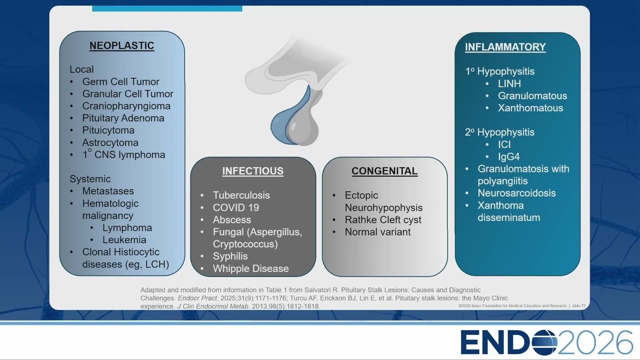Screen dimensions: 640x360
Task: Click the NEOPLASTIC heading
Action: pyautogui.click(x=121, y=45)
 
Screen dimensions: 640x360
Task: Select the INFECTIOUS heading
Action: pyautogui.click(x=253, y=171)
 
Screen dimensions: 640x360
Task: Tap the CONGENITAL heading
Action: pyautogui.click(x=384, y=171)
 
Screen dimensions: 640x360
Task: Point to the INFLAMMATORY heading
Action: pyautogui.click(x=505, y=47)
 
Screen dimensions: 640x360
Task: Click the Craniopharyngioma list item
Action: pyautogui.click(x=126, y=106)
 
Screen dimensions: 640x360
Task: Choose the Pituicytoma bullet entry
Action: pyautogui.click(x=108, y=130)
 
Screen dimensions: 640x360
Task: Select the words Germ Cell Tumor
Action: pyautogui.click(x=121, y=81)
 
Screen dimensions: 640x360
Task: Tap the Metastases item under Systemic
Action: pyautogui.click(x=108, y=191)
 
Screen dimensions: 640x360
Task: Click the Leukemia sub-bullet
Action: pyautogui.click(x=124, y=239)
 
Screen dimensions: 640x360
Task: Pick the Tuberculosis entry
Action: pyautogui.click(x=241, y=195)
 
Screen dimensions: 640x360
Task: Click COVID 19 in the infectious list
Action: pyautogui.click(x=235, y=207)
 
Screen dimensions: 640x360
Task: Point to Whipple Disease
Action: pyautogui.click(x=250, y=268)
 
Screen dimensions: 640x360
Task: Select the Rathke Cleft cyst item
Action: pyautogui.click(x=383, y=219)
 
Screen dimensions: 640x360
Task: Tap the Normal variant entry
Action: pyautogui.click(x=377, y=232)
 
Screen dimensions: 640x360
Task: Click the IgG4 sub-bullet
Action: pyautogui.click(x=508, y=156)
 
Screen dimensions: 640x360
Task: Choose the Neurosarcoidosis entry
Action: pyautogui.click(x=516, y=193)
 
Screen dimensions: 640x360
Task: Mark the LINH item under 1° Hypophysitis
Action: pyautogui.click(x=509, y=83)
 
